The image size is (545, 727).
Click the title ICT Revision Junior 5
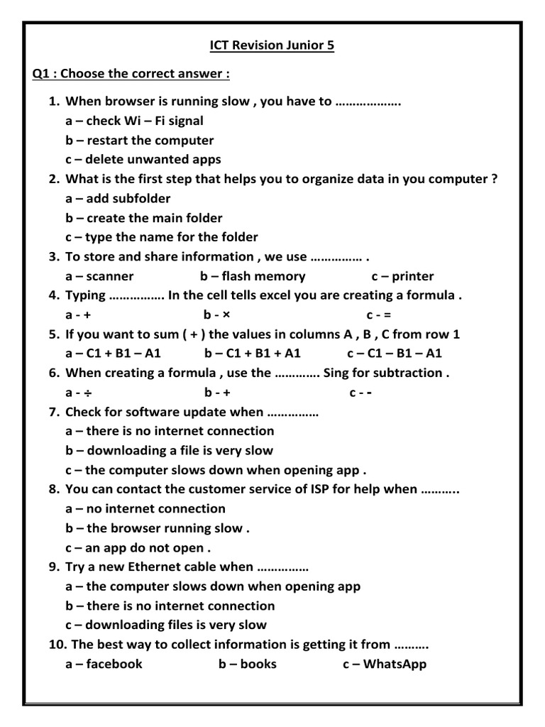pyautogui.click(x=272, y=46)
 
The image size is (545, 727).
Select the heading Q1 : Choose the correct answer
pyautogui.click(x=131, y=74)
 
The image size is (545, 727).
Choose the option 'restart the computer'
pyautogui.click(x=150, y=141)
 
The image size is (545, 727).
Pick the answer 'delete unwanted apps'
pyautogui.click(x=153, y=160)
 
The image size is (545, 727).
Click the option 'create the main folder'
pyautogui.click(x=154, y=218)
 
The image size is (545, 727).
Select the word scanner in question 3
pyautogui.click(x=109, y=276)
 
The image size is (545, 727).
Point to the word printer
pyautogui.click(x=412, y=276)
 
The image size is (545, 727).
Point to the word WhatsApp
pyautogui.click(x=395, y=665)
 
